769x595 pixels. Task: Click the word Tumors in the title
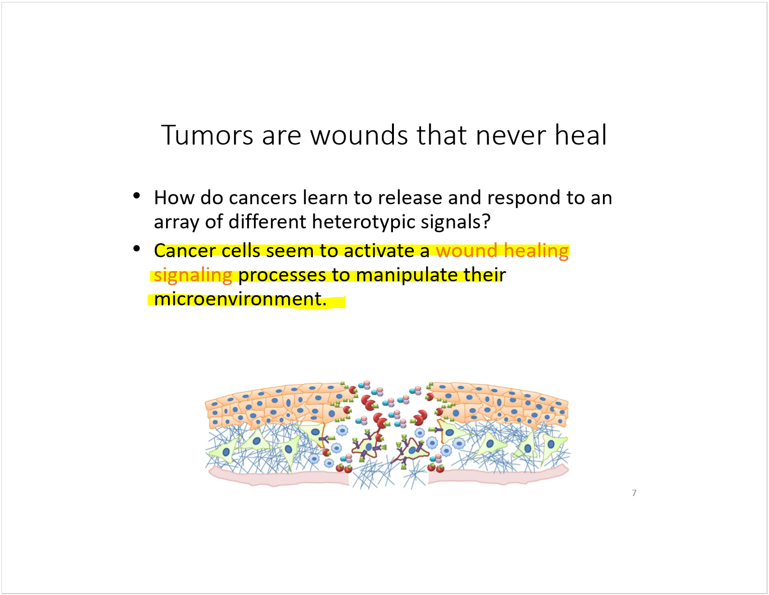(207, 135)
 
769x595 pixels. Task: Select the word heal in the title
(580, 135)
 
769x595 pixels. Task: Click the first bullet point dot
(137, 195)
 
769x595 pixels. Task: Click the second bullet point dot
(137, 249)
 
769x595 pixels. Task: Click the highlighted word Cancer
(185, 251)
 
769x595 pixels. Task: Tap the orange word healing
(536, 251)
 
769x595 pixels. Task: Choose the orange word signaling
(193, 275)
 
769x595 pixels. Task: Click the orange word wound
(466, 251)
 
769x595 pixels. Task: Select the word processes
(282, 275)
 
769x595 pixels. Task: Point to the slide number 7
(634, 493)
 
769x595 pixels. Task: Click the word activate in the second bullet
(379, 251)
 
